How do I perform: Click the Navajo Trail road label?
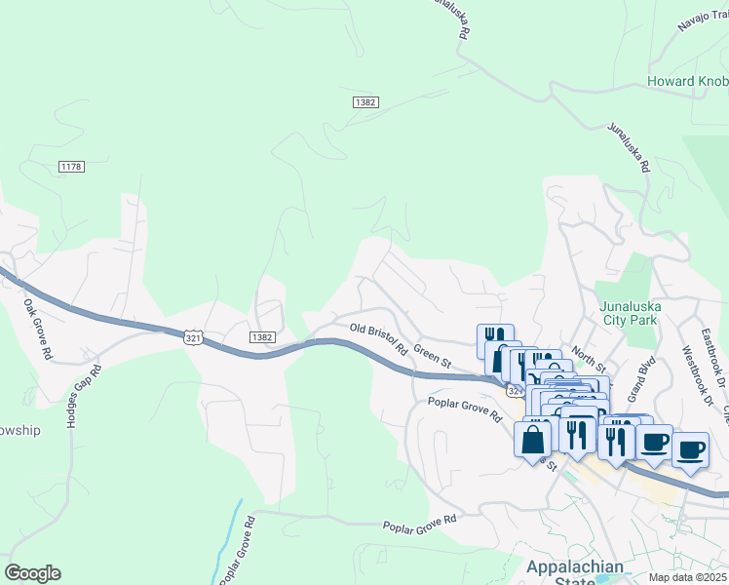point(701,24)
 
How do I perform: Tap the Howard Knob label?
point(688,81)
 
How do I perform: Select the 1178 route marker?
point(71,167)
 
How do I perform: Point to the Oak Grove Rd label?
point(37,330)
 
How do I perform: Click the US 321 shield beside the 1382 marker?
point(194,335)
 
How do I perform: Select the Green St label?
point(432,354)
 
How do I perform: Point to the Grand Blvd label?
point(640,378)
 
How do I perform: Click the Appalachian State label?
point(559,574)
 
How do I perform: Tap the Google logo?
point(32,573)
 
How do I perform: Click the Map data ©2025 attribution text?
point(685,577)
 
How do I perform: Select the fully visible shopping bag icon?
point(532,440)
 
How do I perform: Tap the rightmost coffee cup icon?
point(690,449)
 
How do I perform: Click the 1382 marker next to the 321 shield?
point(261,337)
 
